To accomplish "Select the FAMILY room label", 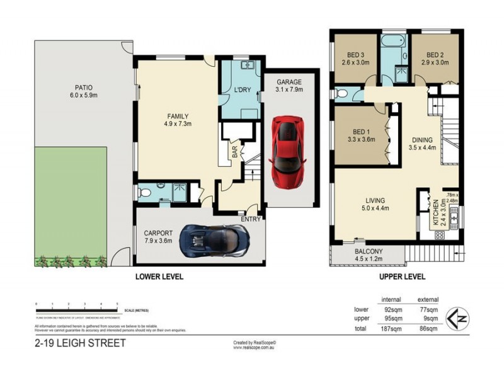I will (178, 116).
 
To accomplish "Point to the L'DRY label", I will (243, 91).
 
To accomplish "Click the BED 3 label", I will (355, 55).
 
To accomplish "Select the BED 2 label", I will (435, 55).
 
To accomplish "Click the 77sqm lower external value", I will (428, 309).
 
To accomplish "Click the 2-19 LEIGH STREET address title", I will (80, 343).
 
